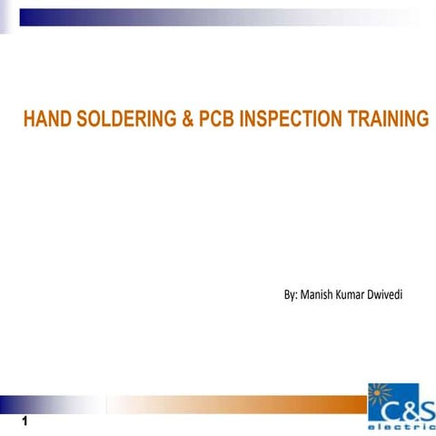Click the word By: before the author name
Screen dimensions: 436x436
(291, 295)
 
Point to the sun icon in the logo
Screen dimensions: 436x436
(382, 399)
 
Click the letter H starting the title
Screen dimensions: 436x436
(28, 119)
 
